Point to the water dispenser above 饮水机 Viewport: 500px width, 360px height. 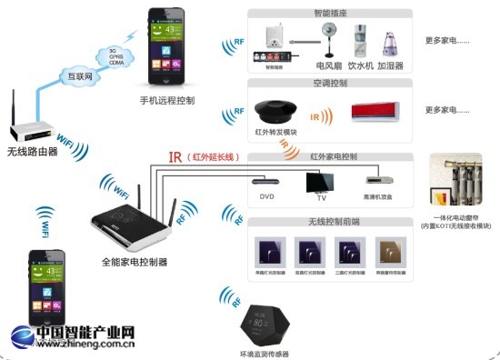[359, 42]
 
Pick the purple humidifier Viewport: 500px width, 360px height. [392, 44]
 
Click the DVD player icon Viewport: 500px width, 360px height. [267, 180]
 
